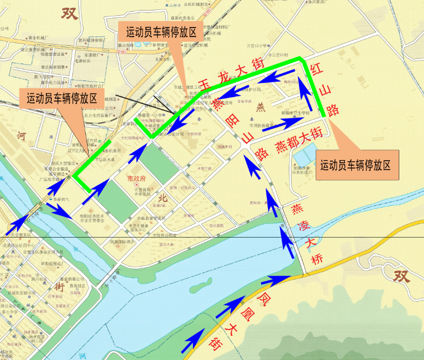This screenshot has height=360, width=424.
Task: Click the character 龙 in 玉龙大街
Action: pos(222,75)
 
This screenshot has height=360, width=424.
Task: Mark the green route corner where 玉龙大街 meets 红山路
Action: pos(301,58)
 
